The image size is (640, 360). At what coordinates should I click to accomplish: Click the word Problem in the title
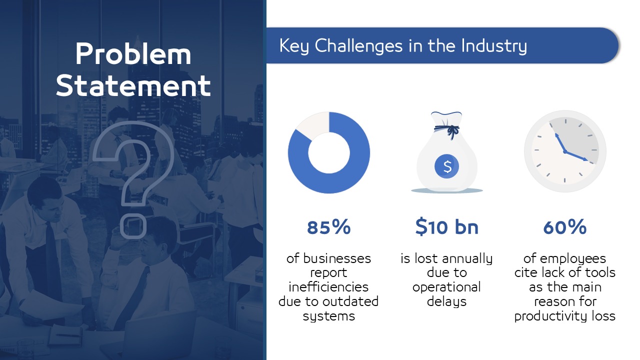coord(133,54)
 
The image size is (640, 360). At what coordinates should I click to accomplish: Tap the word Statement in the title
coord(133,85)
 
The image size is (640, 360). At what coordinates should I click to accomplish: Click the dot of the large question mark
coord(133,226)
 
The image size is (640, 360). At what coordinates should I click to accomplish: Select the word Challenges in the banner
coord(358,45)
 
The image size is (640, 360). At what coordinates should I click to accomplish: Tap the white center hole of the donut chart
coord(329,153)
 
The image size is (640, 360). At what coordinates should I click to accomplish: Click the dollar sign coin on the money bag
coord(447,166)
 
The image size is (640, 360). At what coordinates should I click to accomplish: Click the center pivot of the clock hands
coord(565,151)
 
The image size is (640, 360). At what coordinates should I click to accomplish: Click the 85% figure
coord(329,227)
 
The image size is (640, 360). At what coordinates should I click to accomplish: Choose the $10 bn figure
coord(447,227)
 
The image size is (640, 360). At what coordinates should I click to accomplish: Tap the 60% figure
coord(565,227)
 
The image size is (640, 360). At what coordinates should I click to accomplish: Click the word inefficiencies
coord(328,287)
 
